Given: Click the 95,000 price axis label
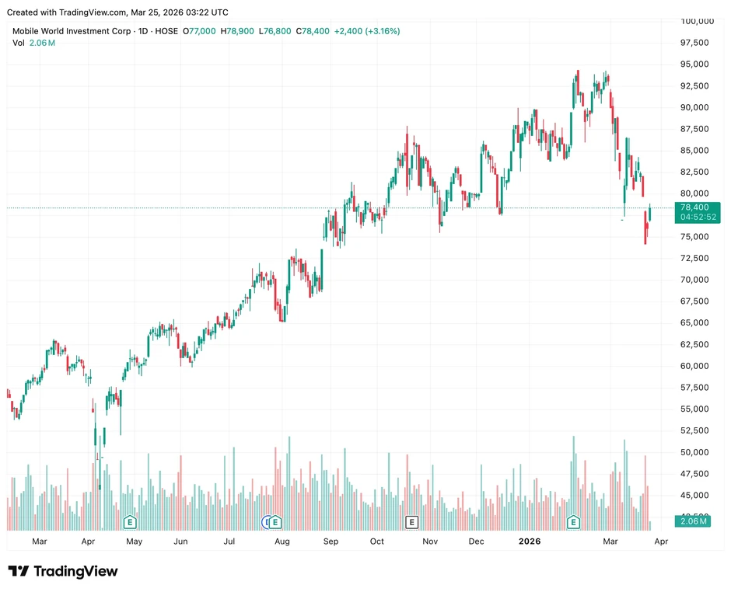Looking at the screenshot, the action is click(694, 64).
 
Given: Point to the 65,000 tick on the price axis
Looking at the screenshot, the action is click(694, 322).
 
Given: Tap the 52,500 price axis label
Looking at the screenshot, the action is click(694, 430).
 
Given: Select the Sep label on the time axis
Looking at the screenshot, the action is click(331, 542).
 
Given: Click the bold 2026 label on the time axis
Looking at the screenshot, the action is click(530, 542).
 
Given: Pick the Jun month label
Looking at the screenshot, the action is click(180, 542).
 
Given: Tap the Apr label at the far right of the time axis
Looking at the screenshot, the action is click(661, 542).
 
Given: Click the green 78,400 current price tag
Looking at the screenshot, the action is click(694, 207).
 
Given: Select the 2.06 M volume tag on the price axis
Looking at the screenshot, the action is click(693, 521).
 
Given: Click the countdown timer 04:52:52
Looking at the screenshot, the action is click(698, 217).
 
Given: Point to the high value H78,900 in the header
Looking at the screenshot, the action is click(237, 31).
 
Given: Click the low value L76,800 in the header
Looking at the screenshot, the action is click(275, 31).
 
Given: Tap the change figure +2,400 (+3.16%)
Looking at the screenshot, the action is click(367, 31).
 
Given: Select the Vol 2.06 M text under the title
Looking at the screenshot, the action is click(33, 43).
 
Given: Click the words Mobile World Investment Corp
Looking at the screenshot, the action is click(72, 31).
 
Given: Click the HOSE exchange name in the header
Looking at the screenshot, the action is click(166, 31).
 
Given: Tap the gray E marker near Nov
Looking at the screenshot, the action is click(411, 522).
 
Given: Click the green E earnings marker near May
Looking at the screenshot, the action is click(130, 522).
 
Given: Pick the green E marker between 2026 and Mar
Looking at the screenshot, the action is click(573, 522).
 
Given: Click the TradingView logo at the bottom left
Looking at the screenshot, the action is click(63, 571).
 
